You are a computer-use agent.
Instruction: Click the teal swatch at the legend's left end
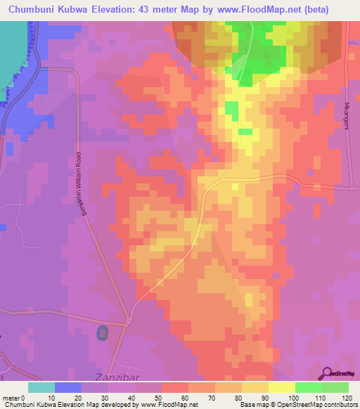coord(41,387)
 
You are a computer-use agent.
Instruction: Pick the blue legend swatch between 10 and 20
coord(68,387)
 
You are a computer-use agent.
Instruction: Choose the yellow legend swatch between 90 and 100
coord(282,387)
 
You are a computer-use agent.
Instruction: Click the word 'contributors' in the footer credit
coord(340,405)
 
